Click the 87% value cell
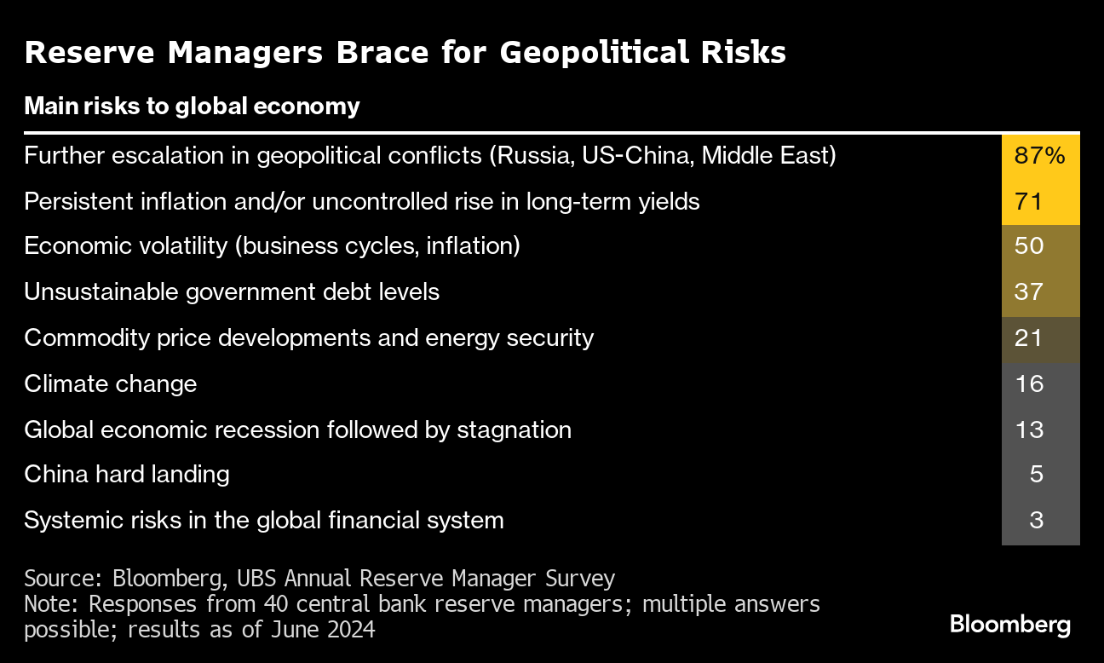coord(1040,156)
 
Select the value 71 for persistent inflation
coord(1040,202)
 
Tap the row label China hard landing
coord(127,475)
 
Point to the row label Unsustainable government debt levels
coord(232,292)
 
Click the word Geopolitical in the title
coord(594,53)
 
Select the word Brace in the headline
coord(382,52)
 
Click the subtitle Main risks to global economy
coord(193,107)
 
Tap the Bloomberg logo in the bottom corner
coord(1009,625)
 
